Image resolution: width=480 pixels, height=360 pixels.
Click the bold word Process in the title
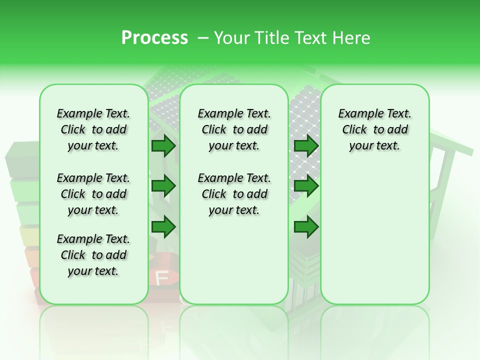pos(154,38)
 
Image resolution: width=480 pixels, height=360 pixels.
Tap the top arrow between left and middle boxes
pos(163,145)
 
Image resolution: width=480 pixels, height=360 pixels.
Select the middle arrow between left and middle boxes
pos(163,186)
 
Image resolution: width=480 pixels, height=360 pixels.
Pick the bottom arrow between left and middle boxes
pos(163,227)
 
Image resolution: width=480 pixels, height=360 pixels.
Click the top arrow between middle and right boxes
pos(306,145)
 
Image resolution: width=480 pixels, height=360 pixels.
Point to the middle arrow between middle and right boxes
pos(306,186)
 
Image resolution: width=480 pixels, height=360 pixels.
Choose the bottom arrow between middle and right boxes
pos(306,227)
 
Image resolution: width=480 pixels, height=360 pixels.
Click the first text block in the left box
pos(93,129)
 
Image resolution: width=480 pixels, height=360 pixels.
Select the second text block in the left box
pos(93,194)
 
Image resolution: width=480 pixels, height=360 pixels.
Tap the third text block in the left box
pos(93,255)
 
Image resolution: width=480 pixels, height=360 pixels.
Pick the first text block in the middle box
pos(234,129)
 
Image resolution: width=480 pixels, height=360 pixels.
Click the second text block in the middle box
pos(234,194)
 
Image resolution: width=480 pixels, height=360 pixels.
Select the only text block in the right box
pos(374,129)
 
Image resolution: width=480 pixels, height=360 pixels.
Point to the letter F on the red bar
pos(162,278)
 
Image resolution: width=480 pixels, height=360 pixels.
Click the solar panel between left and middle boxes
pos(163,112)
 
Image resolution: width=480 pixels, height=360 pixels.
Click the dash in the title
pos(203,38)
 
